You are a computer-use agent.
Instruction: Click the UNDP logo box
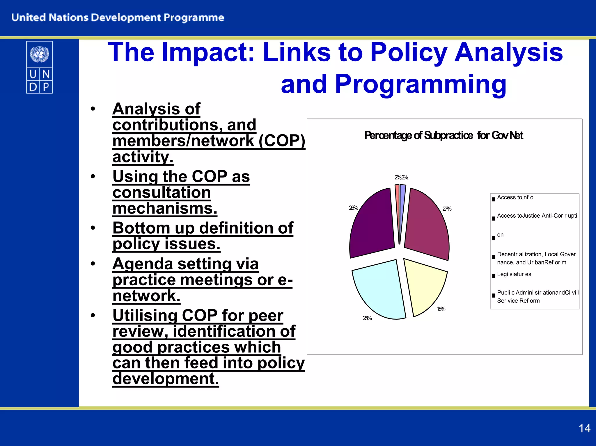pyautogui.click(x=39, y=67)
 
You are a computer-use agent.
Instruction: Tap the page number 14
pyautogui.click(x=584, y=429)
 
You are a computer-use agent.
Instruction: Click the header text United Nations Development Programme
pyautogui.click(x=118, y=18)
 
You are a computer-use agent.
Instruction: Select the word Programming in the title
pyautogui.click(x=421, y=84)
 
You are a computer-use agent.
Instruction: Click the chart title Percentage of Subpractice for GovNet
pyautogui.click(x=444, y=135)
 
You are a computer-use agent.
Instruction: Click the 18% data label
pyautogui.click(x=441, y=309)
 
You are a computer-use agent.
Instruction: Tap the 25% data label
pyautogui.click(x=367, y=318)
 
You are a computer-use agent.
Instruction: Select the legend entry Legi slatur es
pyautogui.click(x=514, y=274)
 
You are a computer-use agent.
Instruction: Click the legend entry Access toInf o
pyautogui.click(x=515, y=198)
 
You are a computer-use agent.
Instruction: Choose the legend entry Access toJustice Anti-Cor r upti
pyautogui.click(x=537, y=216)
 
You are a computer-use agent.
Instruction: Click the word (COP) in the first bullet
pyautogui.click(x=282, y=141)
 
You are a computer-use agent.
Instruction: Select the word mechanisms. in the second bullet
pyautogui.click(x=165, y=209)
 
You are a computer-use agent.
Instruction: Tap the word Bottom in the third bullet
pyautogui.click(x=141, y=228)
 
